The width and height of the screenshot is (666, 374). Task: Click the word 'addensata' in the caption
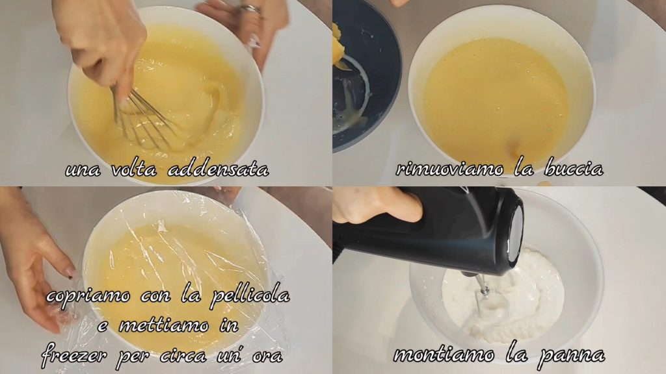pyautogui.click(x=219, y=169)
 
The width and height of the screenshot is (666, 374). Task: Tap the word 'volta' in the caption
pyautogui.click(x=134, y=169)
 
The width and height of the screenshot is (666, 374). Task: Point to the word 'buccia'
pyautogui.click(x=574, y=169)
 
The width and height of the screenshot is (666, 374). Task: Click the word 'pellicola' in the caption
pyautogui.click(x=250, y=296)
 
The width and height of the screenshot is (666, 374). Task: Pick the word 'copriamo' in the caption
pyautogui.click(x=88, y=296)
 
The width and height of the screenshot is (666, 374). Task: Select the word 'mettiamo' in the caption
pyautogui.click(x=163, y=326)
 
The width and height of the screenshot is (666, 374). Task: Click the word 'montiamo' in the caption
pyautogui.click(x=444, y=354)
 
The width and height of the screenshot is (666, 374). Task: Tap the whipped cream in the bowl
pyautogui.click(x=505, y=297)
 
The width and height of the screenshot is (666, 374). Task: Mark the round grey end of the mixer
pyautogui.click(x=516, y=234)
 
